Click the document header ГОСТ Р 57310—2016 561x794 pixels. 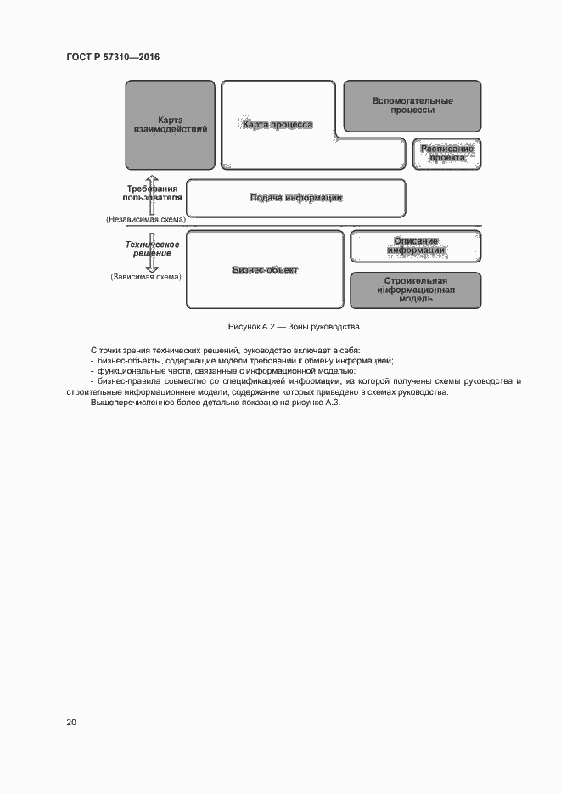pos(113,57)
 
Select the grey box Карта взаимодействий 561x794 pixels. pos(170,124)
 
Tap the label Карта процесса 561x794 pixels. pos(278,125)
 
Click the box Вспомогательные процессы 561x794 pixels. pos(412,105)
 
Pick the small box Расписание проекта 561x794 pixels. pos(446,154)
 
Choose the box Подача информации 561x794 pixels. pos(295,198)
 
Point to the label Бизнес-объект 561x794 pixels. pos(265,270)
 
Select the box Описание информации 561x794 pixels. pos(416,245)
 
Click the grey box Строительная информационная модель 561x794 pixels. pos(415,290)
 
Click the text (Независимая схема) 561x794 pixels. pos(145,219)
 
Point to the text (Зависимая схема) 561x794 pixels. pos(145,277)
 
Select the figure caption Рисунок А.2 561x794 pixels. pos(294,327)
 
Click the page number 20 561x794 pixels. pos(70,722)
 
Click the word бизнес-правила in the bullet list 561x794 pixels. pos(127,381)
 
